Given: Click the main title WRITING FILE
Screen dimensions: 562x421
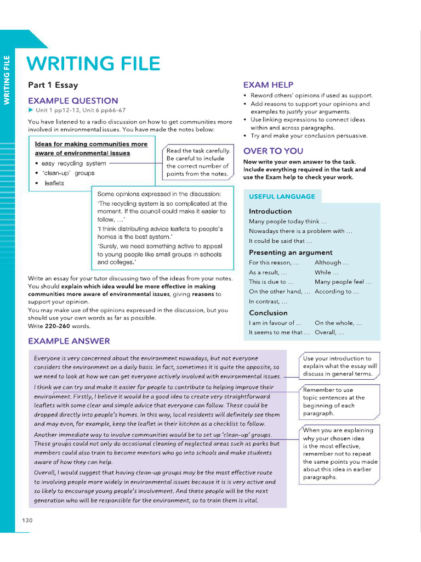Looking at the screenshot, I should (94, 64).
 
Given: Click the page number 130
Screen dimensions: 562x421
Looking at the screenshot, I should (27, 520).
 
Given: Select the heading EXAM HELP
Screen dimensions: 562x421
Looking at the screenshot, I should (268, 85).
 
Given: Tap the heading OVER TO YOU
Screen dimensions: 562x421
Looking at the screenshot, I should (273, 151).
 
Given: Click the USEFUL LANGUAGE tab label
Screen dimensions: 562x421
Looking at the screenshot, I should (282, 196).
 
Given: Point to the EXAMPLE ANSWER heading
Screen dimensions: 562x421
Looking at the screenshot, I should (69, 341).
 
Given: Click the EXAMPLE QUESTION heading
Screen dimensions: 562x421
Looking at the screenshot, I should (73, 100).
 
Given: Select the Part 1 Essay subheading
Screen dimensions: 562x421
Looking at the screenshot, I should (53, 85).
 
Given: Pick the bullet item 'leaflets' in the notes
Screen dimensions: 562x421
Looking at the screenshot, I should (54, 183).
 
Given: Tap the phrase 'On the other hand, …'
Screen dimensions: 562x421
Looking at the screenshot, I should (279, 291).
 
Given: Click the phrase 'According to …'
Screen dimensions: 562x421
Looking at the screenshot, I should (337, 291).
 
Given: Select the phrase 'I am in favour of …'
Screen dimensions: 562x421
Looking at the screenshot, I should (275, 323).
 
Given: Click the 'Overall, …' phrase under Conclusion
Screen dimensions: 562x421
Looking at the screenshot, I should (329, 332).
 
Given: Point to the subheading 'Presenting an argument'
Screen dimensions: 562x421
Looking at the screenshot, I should (291, 252).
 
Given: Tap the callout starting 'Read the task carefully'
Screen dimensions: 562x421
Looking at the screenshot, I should (198, 162).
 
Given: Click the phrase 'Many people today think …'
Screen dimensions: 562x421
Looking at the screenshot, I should (288, 221).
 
